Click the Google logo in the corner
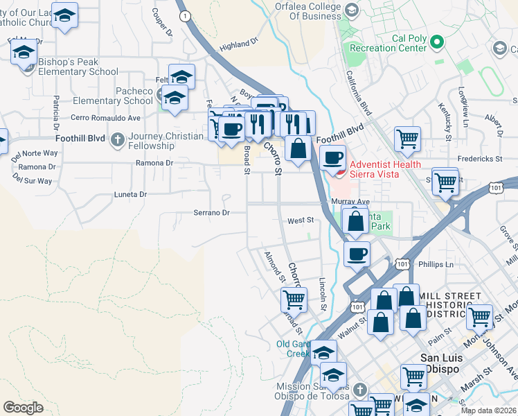point(23,408)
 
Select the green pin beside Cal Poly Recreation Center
point(436,43)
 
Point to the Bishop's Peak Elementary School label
point(78,67)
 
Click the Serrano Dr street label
point(211,213)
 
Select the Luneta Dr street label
point(130,195)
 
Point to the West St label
point(301,220)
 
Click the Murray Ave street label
point(350,202)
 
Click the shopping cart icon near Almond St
point(294,300)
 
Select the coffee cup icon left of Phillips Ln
point(357,254)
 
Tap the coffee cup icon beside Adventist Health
point(332,158)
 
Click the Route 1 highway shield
point(184,15)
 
